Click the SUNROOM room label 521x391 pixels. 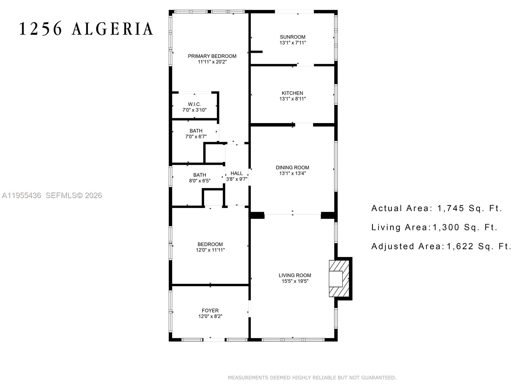292,37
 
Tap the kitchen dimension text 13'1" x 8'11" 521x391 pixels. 292,99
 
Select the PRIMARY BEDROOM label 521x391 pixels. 212,56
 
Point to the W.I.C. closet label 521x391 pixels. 194,104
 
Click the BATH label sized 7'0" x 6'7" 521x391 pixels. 196,131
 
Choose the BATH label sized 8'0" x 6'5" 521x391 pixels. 200,175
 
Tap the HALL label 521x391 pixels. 237,173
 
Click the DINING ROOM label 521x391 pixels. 292,168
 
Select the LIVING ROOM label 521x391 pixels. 295,275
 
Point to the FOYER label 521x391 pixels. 210,311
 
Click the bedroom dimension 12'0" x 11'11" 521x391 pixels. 210,250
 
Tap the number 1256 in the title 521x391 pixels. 41,29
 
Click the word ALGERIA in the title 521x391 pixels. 112,29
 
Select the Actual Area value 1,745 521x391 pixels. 451,208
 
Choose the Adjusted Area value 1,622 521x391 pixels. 460,246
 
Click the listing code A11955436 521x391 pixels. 21,195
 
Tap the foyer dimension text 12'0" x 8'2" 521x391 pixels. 210,316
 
